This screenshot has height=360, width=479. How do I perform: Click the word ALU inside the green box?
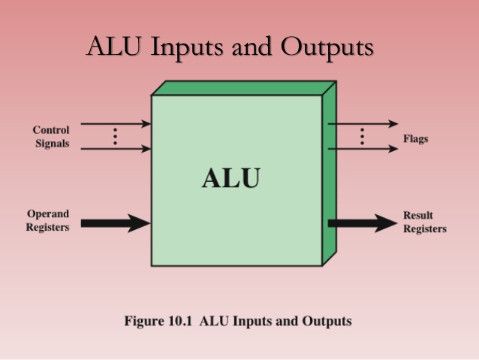[x=230, y=178]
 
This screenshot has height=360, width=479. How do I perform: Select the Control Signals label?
[x=51, y=136]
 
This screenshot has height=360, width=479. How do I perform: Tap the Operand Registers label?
[x=48, y=220]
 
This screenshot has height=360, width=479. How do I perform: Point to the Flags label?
[x=416, y=139]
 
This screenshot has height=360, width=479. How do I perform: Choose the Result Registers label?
[x=424, y=222]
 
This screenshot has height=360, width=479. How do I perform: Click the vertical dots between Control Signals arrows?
[x=115, y=136]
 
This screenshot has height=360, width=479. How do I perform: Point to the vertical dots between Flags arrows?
[x=362, y=136]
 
